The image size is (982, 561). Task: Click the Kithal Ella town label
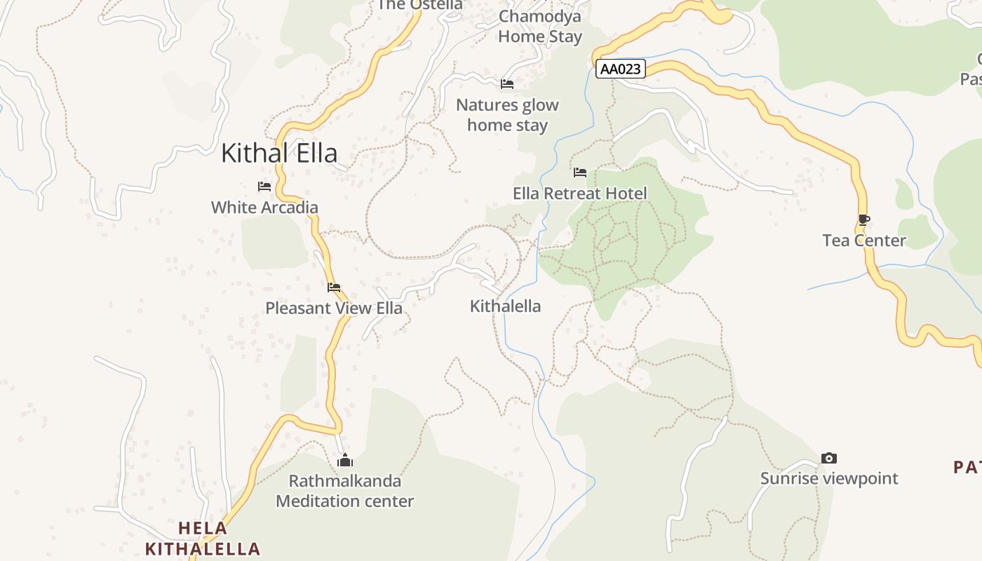point(279,153)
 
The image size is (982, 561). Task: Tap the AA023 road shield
point(621,69)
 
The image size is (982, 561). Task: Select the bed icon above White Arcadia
point(264,187)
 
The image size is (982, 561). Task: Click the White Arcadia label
point(264,208)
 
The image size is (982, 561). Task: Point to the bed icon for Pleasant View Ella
point(334,288)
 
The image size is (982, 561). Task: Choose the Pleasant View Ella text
point(334,308)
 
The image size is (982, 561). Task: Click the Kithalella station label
point(505,306)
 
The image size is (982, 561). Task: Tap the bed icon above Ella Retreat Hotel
point(580,173)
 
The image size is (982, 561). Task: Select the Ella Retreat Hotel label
point(580,193)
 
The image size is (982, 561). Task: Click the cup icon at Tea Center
point(864,220)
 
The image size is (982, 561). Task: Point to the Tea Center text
point(864,241)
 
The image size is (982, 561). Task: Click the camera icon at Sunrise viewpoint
point(829,459)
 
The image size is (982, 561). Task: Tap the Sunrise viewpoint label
point(829,478)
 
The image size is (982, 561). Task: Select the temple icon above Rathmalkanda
point(344,461)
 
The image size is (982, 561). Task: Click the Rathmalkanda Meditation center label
point(344,491)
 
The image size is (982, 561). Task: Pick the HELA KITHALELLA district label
point(203,539)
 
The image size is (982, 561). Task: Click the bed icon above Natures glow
point(507,85)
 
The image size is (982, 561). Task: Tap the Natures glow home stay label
point(507,115)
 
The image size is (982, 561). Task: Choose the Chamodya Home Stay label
point(540,26)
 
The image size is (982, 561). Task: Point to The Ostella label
point(420,5)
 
